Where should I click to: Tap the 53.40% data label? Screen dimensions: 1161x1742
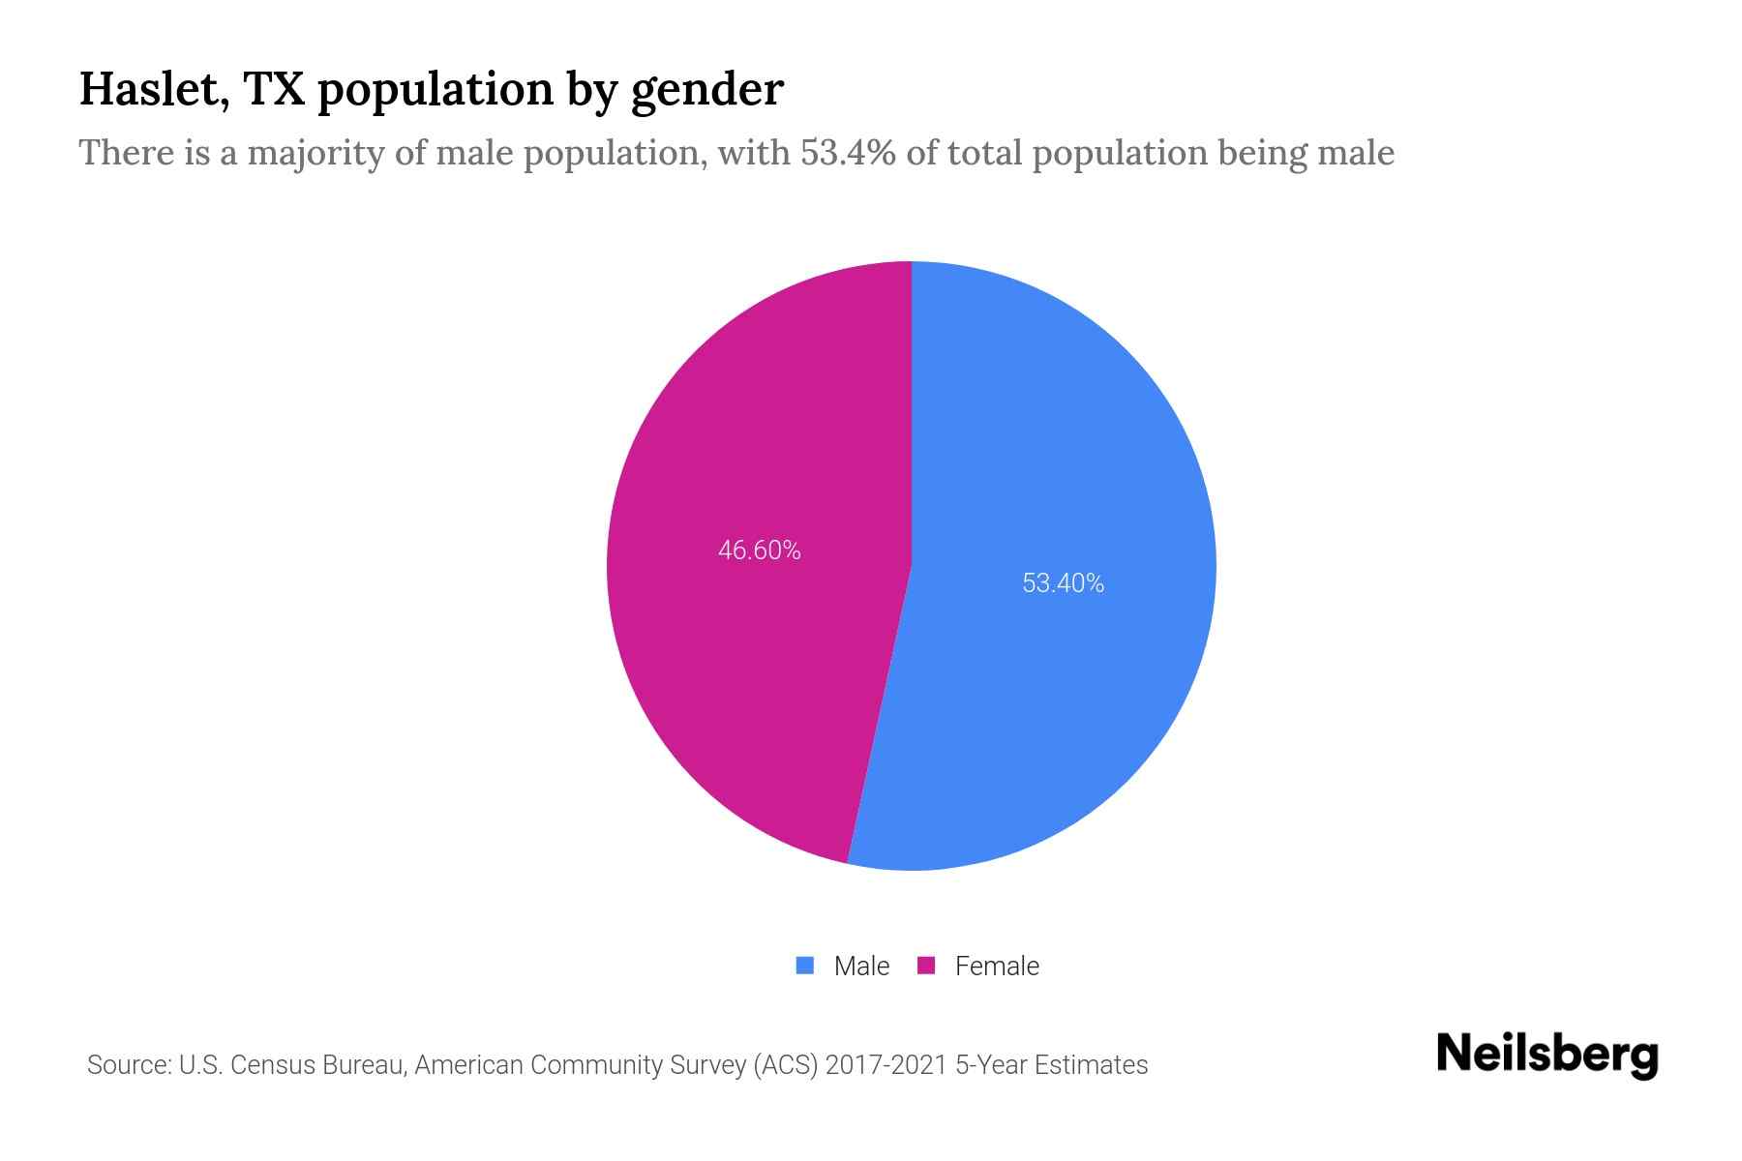(1063, 583)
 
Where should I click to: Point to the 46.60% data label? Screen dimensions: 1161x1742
(759, 551)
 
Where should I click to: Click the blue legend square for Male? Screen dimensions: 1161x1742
(804, 966)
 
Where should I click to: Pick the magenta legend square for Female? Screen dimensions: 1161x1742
(926, 966)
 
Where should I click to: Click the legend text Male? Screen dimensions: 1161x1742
(861, 967)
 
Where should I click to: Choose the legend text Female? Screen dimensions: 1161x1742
(997, 967)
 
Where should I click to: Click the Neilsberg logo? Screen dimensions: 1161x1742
(1547, 1056)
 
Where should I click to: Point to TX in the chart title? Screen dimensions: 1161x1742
(275, 90)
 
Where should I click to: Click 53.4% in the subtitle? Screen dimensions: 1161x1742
(848, 153)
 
